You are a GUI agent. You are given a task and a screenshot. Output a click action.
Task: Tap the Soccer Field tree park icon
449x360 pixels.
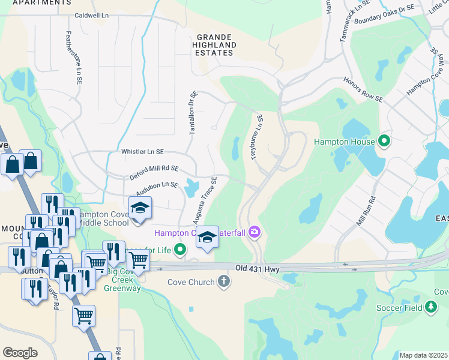(430, 308)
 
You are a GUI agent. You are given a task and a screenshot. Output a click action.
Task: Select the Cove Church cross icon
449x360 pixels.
(223, 282)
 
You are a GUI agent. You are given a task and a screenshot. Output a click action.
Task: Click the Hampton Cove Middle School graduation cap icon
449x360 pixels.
(140, 208)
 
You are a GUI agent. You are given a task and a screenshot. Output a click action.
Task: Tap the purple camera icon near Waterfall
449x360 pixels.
(255, 232)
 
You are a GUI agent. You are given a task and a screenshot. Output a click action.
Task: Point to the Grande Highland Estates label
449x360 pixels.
(215, 44)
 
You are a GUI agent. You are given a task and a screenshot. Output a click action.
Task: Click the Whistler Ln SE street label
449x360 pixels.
(142, 152)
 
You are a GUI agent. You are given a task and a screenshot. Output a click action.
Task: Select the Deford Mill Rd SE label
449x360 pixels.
(154, 173)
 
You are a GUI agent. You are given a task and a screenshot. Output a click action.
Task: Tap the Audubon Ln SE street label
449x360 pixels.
(157, 188)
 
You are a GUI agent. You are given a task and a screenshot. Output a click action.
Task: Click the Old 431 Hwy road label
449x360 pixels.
(258, 268)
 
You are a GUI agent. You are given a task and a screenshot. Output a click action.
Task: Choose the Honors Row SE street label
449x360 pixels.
(363, 89)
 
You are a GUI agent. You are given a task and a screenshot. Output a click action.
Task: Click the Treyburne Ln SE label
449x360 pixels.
(256, 137)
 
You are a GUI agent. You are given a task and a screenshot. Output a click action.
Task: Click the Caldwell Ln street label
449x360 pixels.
(94, 14)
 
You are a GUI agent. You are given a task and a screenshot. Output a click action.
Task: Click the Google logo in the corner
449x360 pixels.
(20, 352)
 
